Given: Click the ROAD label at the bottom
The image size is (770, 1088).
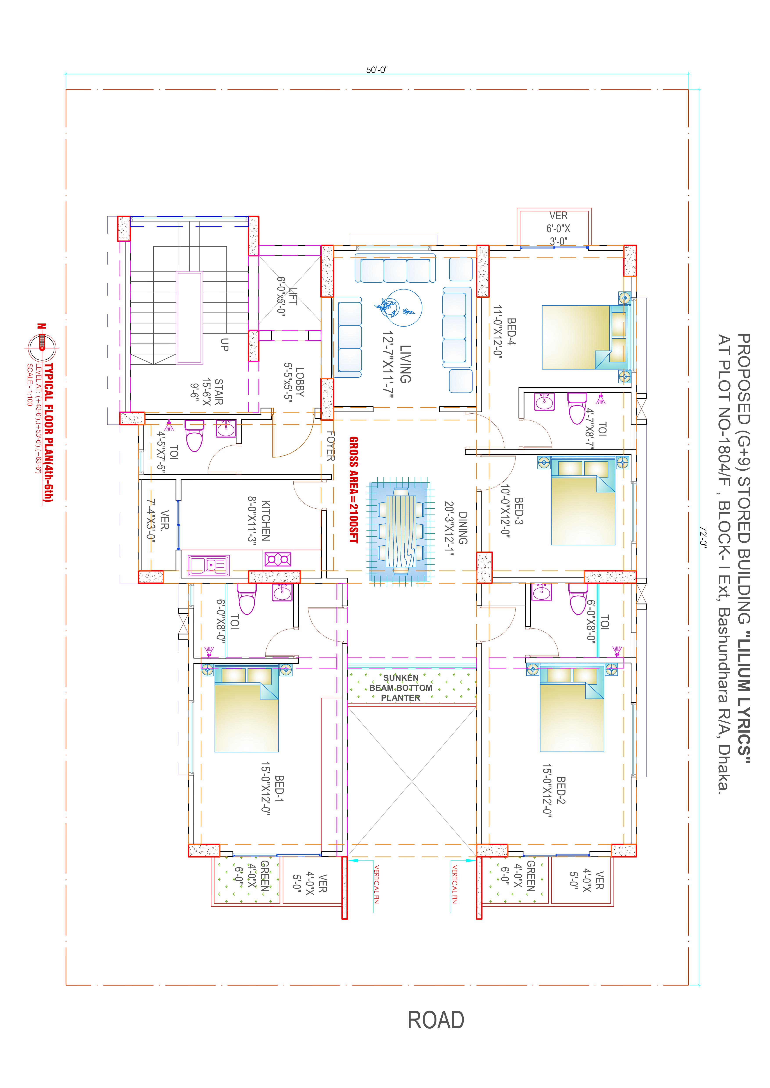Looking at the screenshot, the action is click(x=436, y=1020).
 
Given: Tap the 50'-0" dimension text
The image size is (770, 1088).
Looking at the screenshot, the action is click(x=377, y=70).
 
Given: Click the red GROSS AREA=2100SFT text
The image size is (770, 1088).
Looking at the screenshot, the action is click(x=354, y=490).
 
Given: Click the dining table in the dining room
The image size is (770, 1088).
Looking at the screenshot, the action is click(x=401, y=532).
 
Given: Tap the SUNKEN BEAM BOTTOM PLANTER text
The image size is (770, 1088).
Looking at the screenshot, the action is click(x=401, y=688).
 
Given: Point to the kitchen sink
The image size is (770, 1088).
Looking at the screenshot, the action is click(x=209, y=565).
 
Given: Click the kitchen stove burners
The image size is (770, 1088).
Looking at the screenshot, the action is click(x=278, y=560).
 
